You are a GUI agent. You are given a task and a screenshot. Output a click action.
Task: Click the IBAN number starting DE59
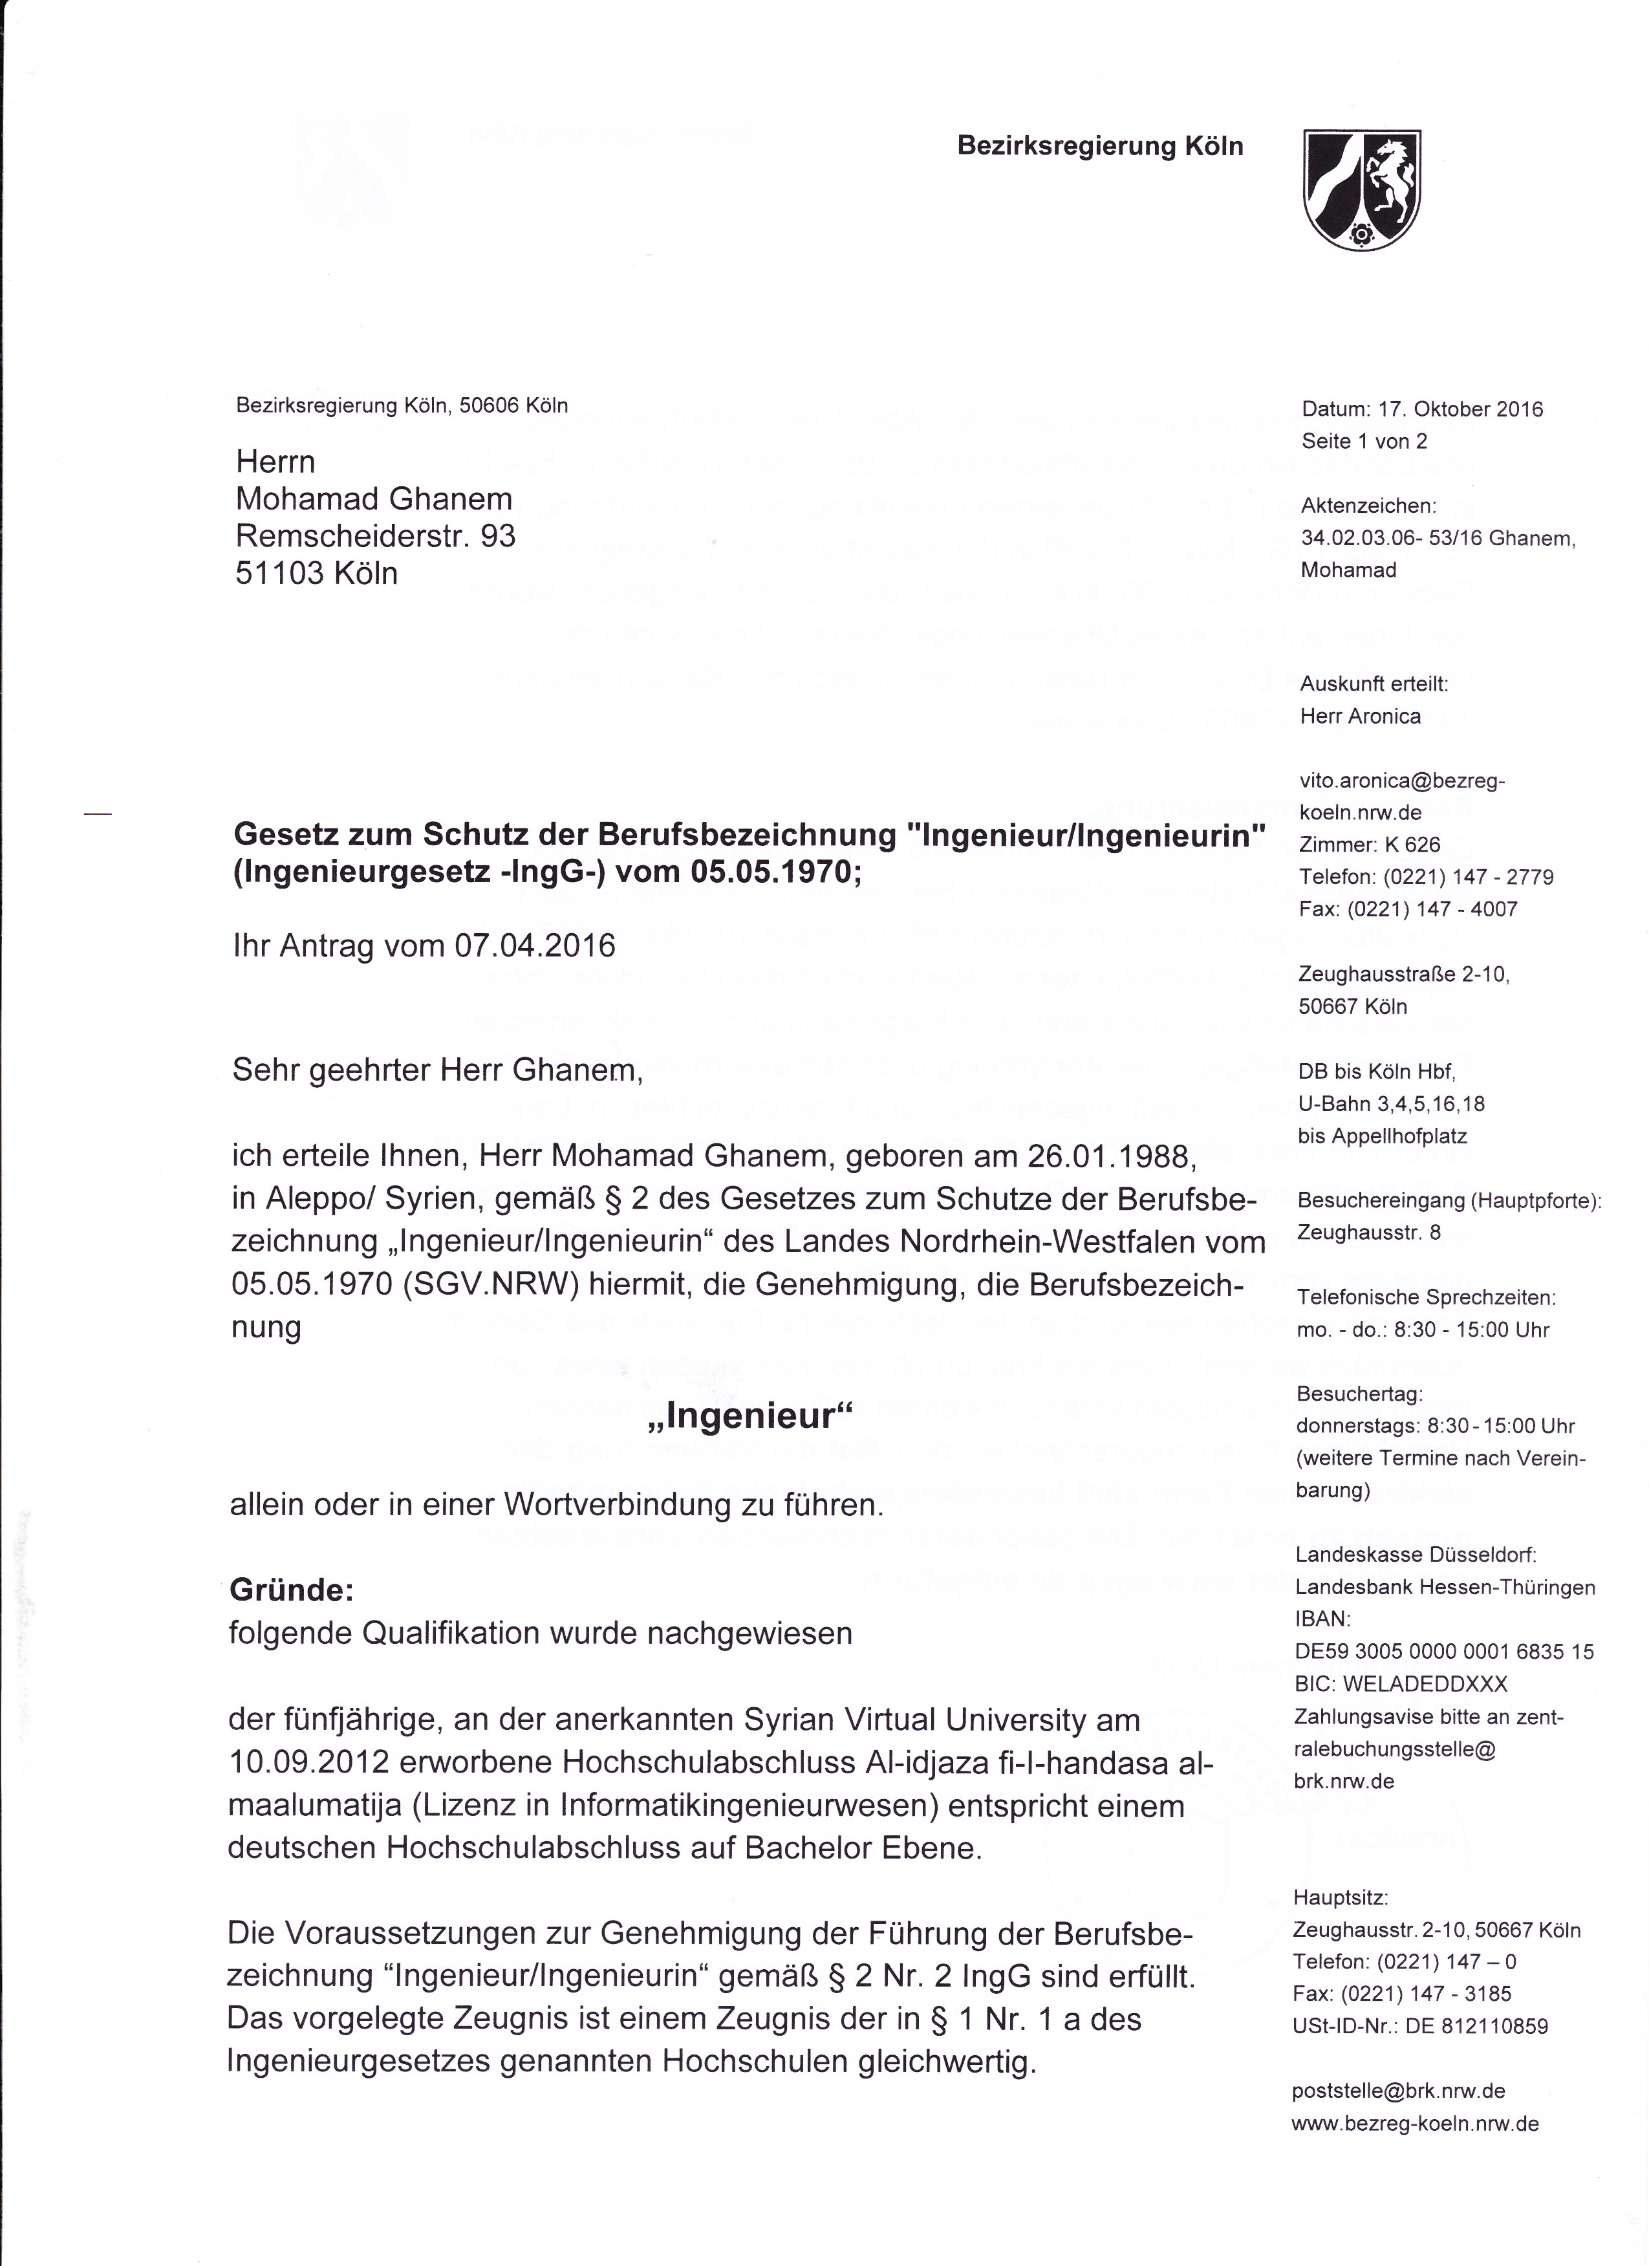1443,1652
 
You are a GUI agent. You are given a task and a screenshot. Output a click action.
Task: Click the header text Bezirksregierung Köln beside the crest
1100,147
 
